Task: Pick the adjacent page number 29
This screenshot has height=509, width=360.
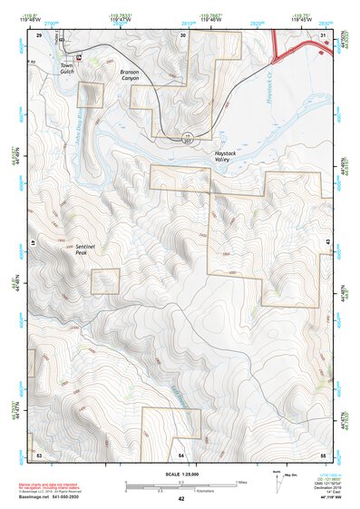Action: pos(39,34)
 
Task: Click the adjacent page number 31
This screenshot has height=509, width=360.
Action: pos(323,34)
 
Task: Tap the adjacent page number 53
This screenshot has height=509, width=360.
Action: pos(39,453)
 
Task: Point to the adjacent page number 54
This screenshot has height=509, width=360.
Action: pos(181,453)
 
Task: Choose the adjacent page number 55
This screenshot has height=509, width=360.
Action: pos(323,453)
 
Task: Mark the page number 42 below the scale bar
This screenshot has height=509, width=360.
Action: pos(181,498)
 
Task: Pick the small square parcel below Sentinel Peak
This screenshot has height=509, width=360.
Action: pos(105,280)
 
